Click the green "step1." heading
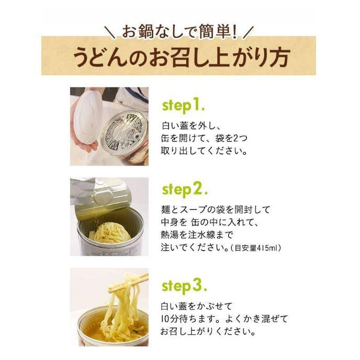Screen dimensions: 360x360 point(183,106)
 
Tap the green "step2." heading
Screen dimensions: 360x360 point(184,190)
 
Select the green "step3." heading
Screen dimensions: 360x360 point(184,286)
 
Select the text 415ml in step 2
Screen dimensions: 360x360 point(266,248)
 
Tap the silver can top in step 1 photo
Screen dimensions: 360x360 point(124,133)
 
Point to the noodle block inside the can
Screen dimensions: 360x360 point(110,232)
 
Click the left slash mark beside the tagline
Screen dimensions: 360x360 point(111,32)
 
